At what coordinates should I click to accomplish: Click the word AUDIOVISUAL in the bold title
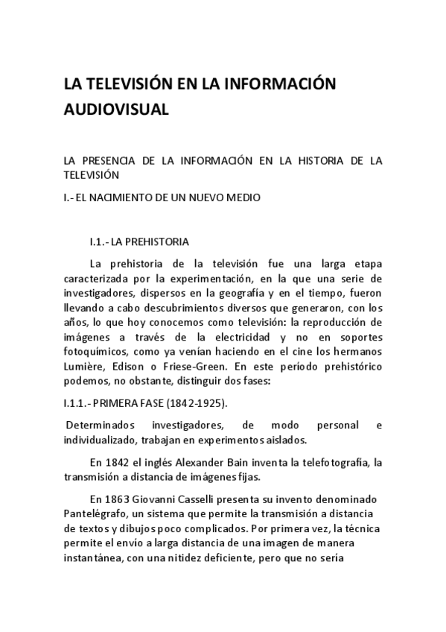pos(116,109)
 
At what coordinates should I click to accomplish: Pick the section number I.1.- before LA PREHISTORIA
pos(100,242)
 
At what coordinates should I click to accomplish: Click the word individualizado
pos(102,440)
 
